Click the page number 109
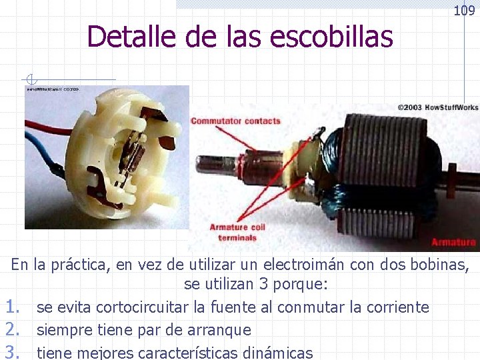pyautogui.click(x=464, y=11)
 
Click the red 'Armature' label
pyautogui.click(x=453, y=242)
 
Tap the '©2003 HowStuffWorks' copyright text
pyautogui.click(x=437, y=107)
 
